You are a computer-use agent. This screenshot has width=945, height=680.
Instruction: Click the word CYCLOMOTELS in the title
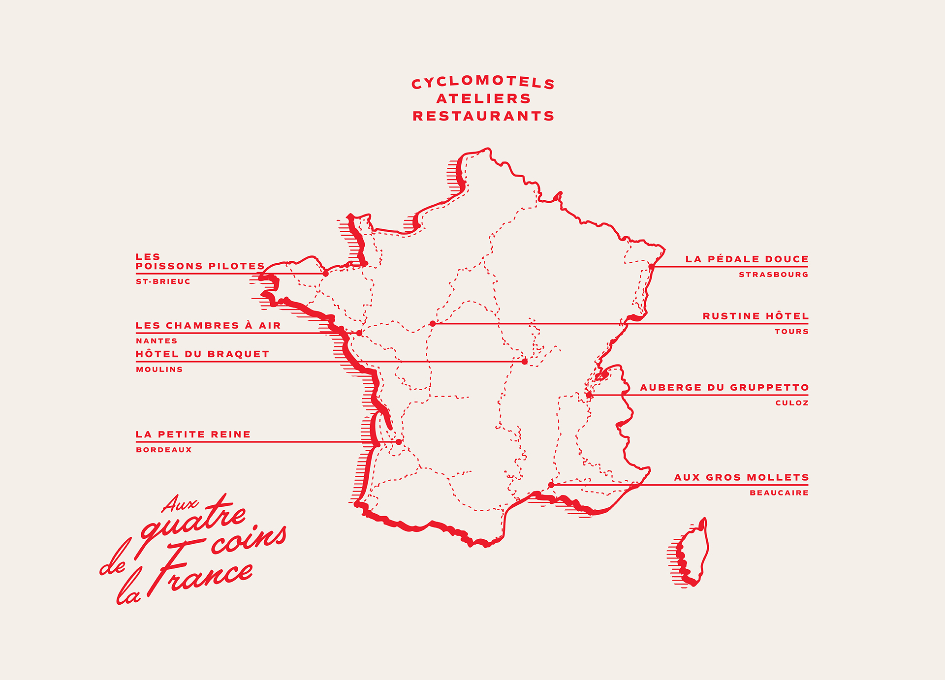click(x=483, y=82)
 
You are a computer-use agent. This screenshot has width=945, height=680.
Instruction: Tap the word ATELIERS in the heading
click(x=483, y=99)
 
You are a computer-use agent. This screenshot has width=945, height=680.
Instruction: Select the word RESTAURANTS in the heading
click(x=483, y=116)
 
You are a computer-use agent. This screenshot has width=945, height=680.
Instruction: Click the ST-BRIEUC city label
click(x=163, y=282)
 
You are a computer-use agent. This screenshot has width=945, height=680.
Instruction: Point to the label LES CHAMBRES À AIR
click(x=208, y=326)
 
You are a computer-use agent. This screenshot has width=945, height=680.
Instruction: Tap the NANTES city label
click(x=157, y=341)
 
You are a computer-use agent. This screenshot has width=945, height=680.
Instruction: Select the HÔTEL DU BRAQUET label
click(x=202, y=354)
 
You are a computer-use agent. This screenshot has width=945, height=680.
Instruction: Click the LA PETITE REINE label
click(x=193, y=434)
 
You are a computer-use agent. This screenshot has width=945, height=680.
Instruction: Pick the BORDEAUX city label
click(x=164, y=450)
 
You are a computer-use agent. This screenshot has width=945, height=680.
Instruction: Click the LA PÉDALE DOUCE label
click(x=747, y=259)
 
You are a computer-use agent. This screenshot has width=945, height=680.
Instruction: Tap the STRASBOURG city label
click(x=773, y=275)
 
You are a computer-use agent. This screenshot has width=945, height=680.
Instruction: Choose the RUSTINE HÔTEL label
click(x=755, y=316)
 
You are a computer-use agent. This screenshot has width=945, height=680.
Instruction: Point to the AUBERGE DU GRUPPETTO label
click(x=724, y=388)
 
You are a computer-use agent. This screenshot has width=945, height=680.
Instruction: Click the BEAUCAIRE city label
click(x=779, y=493)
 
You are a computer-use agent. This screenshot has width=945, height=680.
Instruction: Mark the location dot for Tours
click(x=433, y=324)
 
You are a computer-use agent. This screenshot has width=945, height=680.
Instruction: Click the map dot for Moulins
click(x=525, y=362)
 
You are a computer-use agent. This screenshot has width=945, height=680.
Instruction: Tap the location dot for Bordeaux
click(x=399, y=442)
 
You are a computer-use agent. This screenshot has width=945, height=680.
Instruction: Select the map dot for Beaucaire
click(x=551, y=485)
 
